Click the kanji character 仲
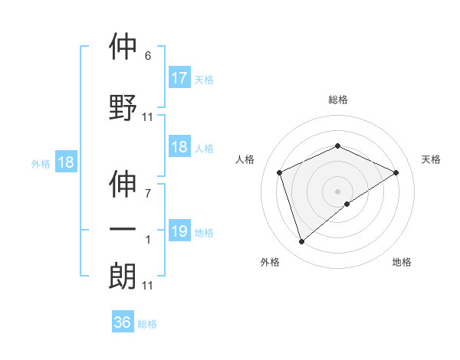pyautogui.click(x=123, y=47)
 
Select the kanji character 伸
pyautogui.click(x=123, y=185)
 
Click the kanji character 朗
pyautogui.click(x=123, y=277)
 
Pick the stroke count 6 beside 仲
pyautogui.click(x=148, y=56)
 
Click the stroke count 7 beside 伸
pyautogui.click(x=148, y=193)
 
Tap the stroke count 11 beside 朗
pyautogui.click(x=148, y=286)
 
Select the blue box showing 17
pyautogui.click(x=179, y=78)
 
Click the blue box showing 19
pyautogui.click(x=179, y=231)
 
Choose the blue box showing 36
pyautogui.click(x=123, y=322)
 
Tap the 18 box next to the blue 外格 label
pyautogui.click(x=65, y=162)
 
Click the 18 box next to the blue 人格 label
pyautogui.click(x=179, y=148)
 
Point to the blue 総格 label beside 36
pyautogui.click(x=147, y=324)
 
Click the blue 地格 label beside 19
pyautogui.click(x=205, y=232)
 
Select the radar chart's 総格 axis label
pyautogui.click(x=337, y=100)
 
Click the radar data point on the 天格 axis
pyautogui.click(x=396, y=172)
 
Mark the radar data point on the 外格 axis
pyautogui.click(x=301, y=242)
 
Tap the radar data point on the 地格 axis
pyautogui.click(x=347, y=204)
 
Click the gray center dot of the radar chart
pyautogui.click(x=337, y=191)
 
